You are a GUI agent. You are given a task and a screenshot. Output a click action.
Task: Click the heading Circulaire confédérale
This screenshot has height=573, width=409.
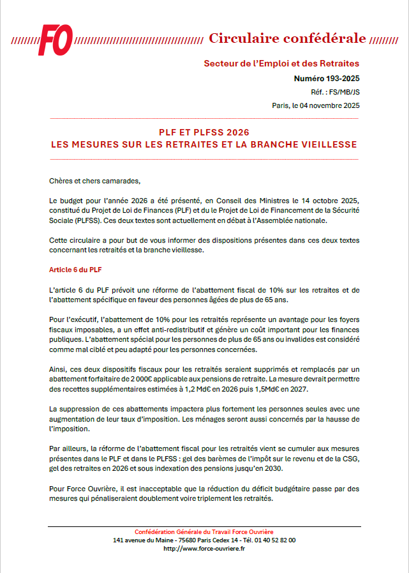tap(287, 38)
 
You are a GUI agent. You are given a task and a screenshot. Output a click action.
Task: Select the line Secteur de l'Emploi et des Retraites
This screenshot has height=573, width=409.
tap(281, 63)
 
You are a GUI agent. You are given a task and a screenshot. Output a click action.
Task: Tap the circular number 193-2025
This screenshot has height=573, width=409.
tap(326, 79)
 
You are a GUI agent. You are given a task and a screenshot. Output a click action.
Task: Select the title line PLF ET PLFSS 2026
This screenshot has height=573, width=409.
tap(204, 132)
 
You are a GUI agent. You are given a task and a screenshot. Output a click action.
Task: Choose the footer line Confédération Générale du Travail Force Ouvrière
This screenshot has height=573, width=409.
tap(204, 532)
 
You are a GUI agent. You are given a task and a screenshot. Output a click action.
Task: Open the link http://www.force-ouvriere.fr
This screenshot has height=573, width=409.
tap(204, 548)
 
